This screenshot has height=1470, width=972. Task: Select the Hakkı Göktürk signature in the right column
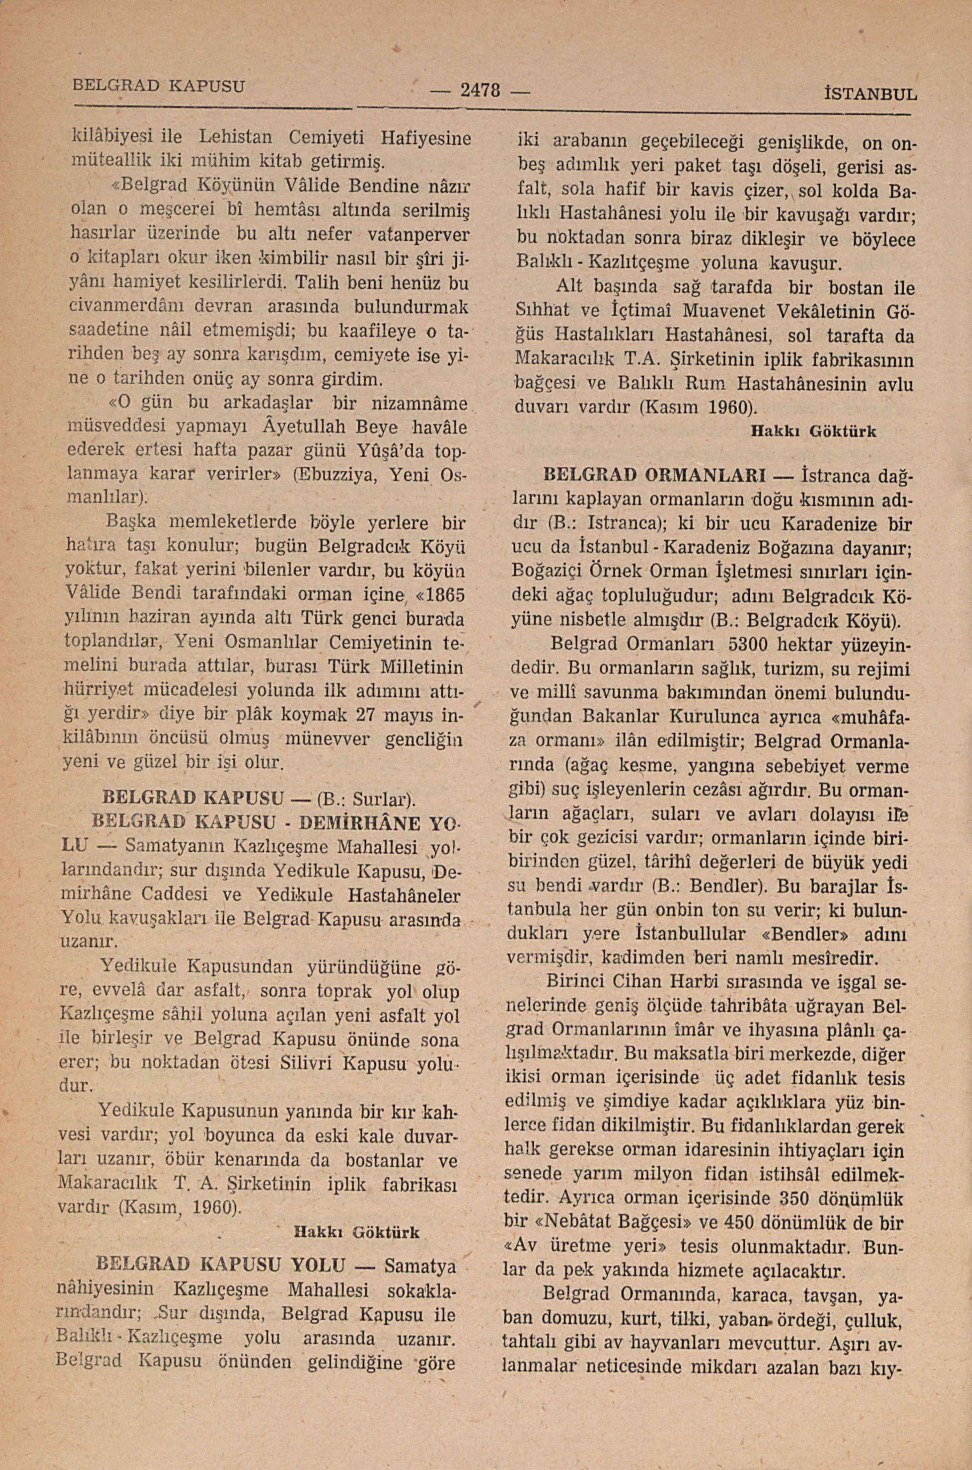[x=813, y=432]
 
